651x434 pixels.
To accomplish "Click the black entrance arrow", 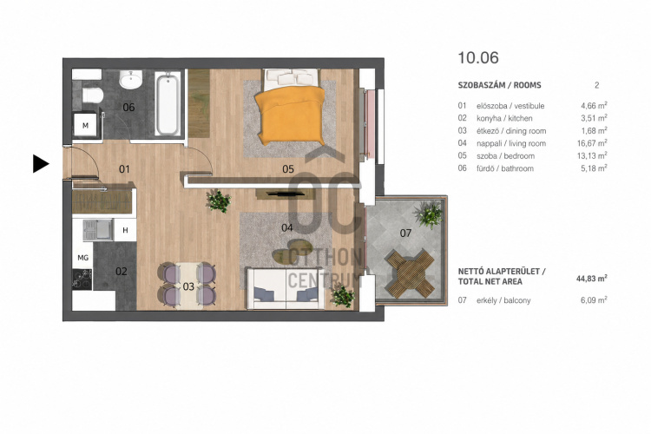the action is (41, 164).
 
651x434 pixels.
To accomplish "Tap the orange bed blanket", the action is (290, 114).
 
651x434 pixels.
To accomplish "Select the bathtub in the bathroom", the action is (168, 104).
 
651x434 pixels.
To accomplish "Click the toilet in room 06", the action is (92, 95).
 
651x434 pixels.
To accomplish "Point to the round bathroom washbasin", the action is (131, 79).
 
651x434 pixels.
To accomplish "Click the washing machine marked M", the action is (86, 125).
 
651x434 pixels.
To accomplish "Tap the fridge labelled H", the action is (125, 230).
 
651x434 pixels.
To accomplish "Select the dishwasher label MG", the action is (83, 258).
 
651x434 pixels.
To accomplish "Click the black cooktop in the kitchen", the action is (82, 279).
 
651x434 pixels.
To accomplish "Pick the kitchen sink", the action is (98, 230).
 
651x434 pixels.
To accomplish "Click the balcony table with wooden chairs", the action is (411, 273).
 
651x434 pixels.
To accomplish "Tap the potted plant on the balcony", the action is (429, 214).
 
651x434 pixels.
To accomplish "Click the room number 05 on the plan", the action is (287, 169).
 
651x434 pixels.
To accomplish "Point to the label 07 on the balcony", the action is (405, 233).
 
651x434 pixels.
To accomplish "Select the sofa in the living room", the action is (286, 289).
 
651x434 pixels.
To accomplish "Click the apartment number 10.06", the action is (478, 58).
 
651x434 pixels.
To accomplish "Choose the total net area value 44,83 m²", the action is (592, 279).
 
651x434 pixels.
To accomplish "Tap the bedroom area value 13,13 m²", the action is (594, 155).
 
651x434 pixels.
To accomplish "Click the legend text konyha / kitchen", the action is (504, 118).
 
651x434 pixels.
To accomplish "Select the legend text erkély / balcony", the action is (503, 300).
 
